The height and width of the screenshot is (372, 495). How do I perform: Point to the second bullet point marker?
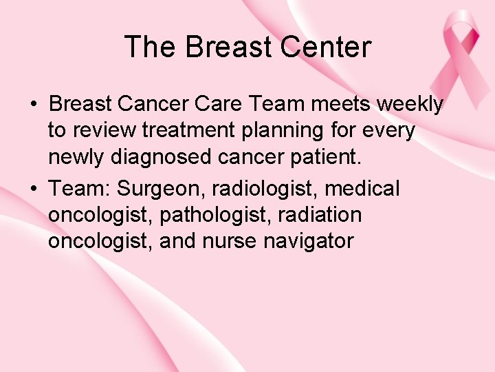(32, 189)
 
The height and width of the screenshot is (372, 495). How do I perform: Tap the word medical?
(367, 187)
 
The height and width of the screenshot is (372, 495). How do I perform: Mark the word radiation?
(322, 215)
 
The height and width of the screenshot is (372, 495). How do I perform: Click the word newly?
(76, 158)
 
